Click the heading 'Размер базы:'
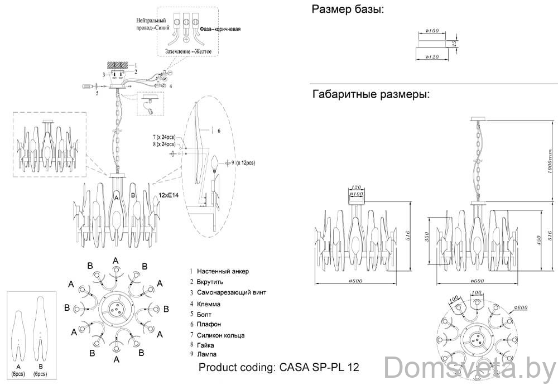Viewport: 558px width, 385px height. [x=348, y=9]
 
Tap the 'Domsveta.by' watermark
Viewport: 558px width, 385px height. [x=470, y=368]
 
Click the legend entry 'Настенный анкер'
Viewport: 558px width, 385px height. [x=222, y=272]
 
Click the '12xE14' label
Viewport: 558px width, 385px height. [x=169, y=196]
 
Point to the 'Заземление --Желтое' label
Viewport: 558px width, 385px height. [x=191, y=51]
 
